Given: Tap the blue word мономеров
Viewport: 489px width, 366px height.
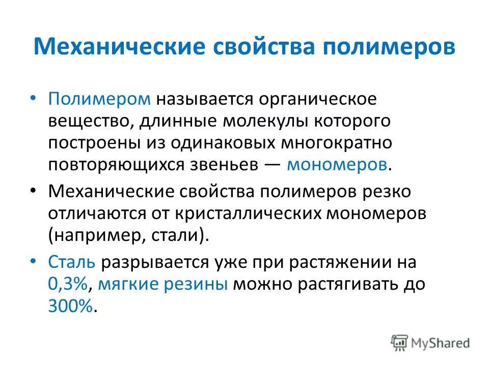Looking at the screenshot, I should (337, 165).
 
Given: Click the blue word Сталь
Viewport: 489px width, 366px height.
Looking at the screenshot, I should (72, 262).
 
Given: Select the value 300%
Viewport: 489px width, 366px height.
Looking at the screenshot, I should (71, 307).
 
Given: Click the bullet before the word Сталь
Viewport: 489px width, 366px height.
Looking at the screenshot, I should (34, 261).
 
